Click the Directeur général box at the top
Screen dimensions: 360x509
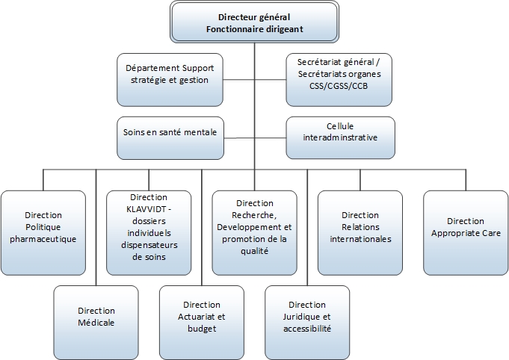[254, 22]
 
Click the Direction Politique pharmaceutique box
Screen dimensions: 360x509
[43, 232]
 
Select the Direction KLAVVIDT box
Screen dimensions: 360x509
[148, 232]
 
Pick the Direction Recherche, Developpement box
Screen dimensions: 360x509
[254, 232]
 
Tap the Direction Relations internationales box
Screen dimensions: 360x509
[360, 232]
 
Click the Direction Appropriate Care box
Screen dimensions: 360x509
[466, 232]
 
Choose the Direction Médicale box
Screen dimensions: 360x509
[96, 317]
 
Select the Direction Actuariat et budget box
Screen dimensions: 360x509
[202, 317]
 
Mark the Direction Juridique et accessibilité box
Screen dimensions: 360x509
[307, 317]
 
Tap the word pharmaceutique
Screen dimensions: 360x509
[43, 239]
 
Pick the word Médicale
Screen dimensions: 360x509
[96, 322]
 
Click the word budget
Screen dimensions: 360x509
[202, 328]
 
